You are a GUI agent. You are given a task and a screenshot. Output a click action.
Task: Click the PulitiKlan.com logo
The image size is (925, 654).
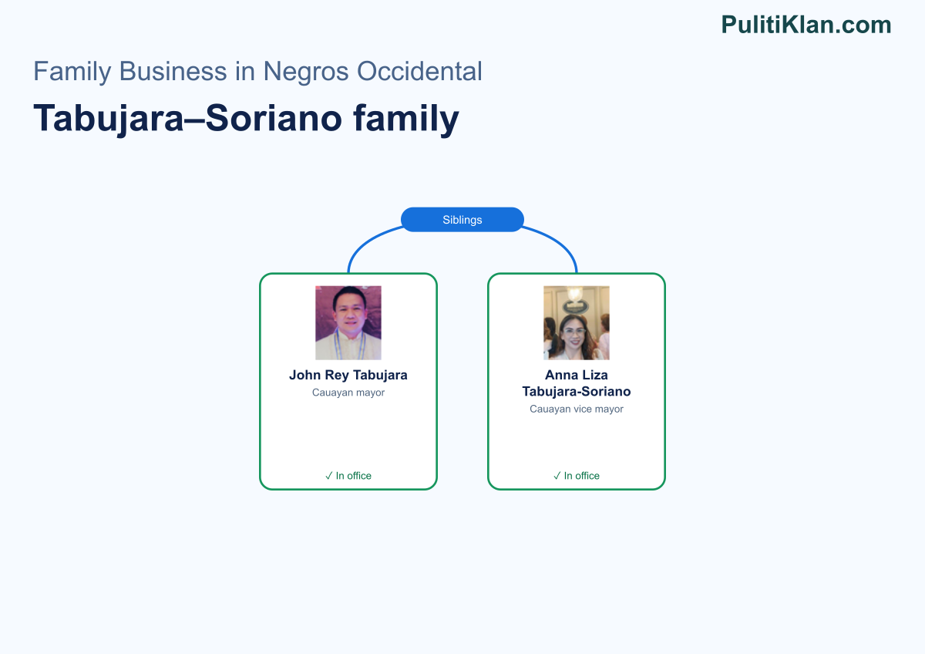point(806,25)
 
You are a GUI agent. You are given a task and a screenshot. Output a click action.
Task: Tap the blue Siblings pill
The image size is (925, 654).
point(462,220)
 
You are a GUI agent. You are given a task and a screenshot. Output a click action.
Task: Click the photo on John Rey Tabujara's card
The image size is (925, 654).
point(348,322)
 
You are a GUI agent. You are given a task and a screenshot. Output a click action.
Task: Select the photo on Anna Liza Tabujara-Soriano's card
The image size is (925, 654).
point(576,322)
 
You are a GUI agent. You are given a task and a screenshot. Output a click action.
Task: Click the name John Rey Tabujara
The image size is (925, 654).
point(348,375)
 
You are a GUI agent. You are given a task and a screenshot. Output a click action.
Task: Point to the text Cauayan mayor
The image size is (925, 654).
point(348,393)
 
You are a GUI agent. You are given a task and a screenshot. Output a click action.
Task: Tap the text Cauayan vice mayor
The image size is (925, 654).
point(576,409)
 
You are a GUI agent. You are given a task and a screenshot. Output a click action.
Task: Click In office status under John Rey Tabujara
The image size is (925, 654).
point(348,476)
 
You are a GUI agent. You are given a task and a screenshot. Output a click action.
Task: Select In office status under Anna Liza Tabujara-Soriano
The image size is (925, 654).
point(576,476)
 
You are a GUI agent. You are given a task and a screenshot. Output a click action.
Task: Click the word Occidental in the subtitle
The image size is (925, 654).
point(419,71)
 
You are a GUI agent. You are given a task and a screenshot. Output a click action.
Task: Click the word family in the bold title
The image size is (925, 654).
point(406,119)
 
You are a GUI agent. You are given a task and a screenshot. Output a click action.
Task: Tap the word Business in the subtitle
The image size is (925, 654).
point(173,71)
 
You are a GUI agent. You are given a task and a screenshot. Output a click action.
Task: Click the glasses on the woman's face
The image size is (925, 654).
point(574,331)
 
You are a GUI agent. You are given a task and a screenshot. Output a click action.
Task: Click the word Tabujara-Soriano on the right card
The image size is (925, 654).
point(576,391)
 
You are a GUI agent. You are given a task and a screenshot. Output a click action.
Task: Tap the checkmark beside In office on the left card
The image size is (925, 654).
point(328,476)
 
